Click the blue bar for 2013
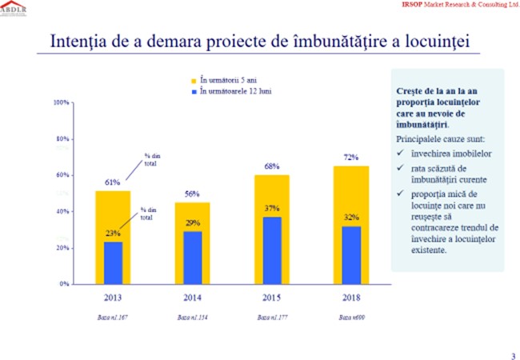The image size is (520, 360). (113, 262)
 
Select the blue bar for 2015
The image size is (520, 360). (272, 250)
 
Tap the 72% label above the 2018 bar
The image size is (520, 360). (350, 158)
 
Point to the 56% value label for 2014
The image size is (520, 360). (192, 194)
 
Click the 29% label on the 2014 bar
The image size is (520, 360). (192, 223)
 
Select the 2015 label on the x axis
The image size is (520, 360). (272, 298)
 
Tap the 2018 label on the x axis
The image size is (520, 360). (351, 298)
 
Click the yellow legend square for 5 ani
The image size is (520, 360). (193, 82)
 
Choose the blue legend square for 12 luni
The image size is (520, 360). (193, 91)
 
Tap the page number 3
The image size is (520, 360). (513, 355)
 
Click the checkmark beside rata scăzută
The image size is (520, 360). (400, 167)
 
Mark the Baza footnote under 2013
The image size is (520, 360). (113, 318)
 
